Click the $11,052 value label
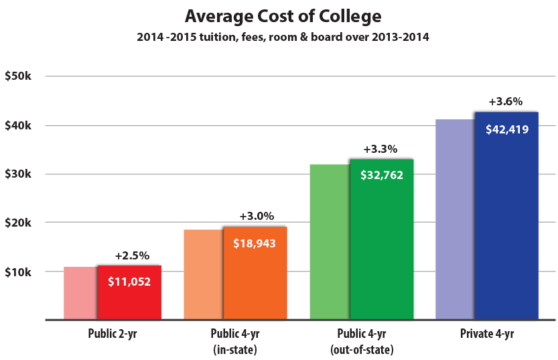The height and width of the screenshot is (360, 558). pos(129,282)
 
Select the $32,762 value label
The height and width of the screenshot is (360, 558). pos(382,176)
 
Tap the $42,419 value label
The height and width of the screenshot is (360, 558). pos(507,129)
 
